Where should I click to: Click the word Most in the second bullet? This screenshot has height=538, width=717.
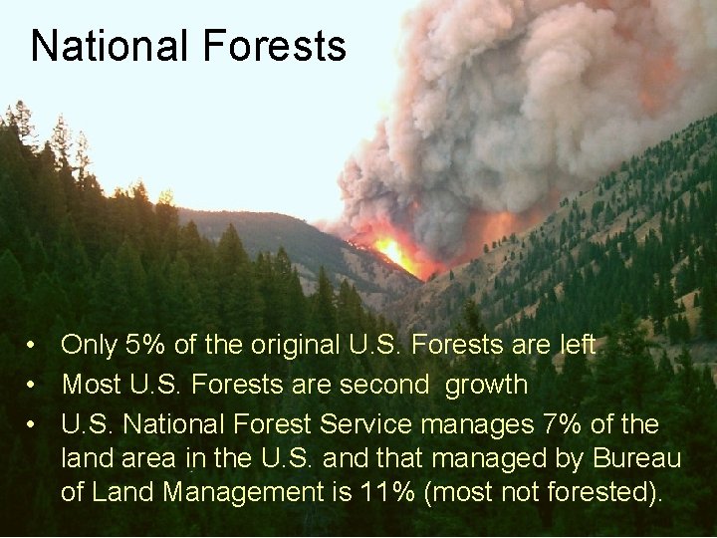click(90, 384)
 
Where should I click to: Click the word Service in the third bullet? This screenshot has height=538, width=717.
click(365, 424)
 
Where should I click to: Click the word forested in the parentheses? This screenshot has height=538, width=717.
click(599, 491)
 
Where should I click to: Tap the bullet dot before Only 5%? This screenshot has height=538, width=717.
click(33, 347)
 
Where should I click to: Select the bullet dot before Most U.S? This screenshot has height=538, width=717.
click(33, 385)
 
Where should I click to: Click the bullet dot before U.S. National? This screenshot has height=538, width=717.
click(33, 425)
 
